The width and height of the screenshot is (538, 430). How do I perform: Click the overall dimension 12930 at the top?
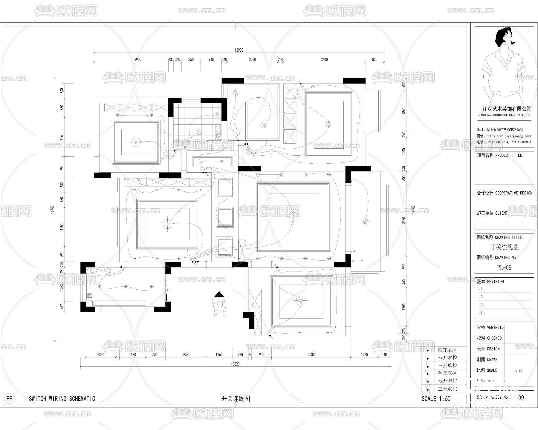click(239, 50)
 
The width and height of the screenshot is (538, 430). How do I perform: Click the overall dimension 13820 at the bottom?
click(235, 364)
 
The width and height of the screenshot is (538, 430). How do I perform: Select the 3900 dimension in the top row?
click(137, 59)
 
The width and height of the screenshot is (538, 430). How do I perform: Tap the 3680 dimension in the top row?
click(324, 59)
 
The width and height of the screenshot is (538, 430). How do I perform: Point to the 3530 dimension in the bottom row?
click(311, 355)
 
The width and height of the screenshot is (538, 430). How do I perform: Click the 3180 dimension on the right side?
click(404, 220)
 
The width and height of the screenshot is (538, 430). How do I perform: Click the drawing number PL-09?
click(504, 268)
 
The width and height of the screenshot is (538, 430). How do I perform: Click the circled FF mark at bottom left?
click(10, 398)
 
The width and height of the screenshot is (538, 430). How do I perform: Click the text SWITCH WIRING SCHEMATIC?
click(62, 399)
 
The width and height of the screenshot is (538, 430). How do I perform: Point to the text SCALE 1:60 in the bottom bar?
click(436, 399)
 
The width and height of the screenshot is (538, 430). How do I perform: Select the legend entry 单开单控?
click(447, 350)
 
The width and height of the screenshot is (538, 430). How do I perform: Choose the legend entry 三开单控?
click(447, 365)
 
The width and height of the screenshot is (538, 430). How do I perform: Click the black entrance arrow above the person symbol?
click(219, 294)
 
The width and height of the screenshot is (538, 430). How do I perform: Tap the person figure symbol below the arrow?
click(220, 307)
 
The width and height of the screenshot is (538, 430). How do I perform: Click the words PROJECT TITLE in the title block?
click(508, 155)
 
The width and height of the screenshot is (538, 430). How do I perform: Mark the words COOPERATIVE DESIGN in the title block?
click(514, 193)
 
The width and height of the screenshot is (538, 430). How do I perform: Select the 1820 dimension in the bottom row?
click(186, 355)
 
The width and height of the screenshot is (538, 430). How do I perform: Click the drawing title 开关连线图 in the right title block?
click(504, 247)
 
